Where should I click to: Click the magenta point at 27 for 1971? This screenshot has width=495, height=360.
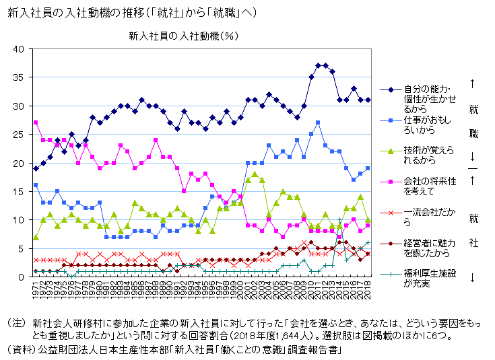tap(36, 122)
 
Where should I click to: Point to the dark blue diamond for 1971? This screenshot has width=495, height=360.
tap(36, 168)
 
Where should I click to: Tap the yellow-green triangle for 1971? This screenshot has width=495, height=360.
tap(36, 237)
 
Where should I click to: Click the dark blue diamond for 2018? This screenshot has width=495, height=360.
tap(368, 100)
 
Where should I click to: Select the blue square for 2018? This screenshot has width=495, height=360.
tap(368, 168)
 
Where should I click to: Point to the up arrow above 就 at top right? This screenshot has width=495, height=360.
tap(473, 84)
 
